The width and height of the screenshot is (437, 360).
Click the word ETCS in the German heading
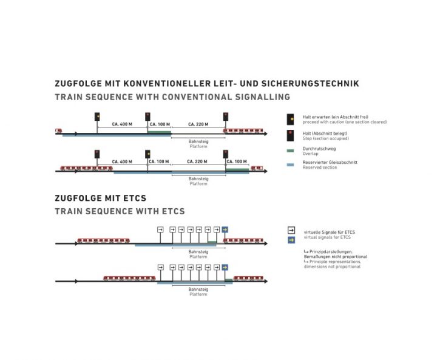(x=135, y=198)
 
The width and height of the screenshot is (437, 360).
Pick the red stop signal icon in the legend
(x=291, y=135)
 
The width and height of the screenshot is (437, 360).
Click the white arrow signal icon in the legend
(x=291, y=231)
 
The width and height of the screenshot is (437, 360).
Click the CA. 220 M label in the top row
(x=198, y=124)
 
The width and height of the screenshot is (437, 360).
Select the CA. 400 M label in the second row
(x=122, y=161)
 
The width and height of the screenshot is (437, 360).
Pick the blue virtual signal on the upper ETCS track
(x=225, y=229)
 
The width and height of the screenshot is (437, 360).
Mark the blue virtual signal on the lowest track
(x=225, y=267)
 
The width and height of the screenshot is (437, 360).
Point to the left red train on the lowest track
(x=129, y=279)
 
